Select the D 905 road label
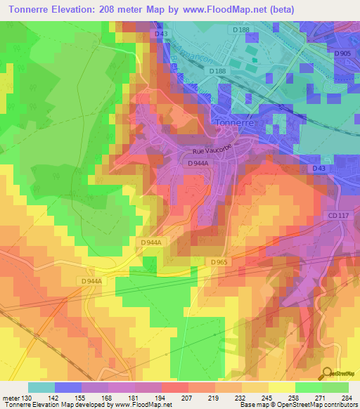[342, 53]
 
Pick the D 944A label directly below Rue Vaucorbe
[199, 163]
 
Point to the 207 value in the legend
[167, 398]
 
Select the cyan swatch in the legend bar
[41, 387]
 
